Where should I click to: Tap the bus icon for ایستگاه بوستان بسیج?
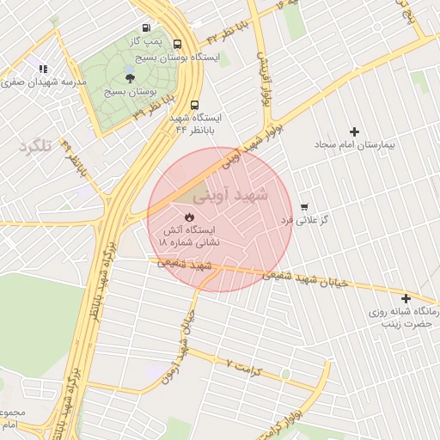[x=177, y=44]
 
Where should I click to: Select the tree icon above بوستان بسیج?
[x=130, y=78]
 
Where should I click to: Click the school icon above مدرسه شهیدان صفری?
[x=43, y=68]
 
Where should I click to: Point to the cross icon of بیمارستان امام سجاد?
[x=354, y=131]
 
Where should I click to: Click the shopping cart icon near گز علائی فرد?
[x=304, y=207]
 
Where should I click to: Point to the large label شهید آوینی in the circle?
[x=229, y=195]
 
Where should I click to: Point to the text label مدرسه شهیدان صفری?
[x=42, y=82]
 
